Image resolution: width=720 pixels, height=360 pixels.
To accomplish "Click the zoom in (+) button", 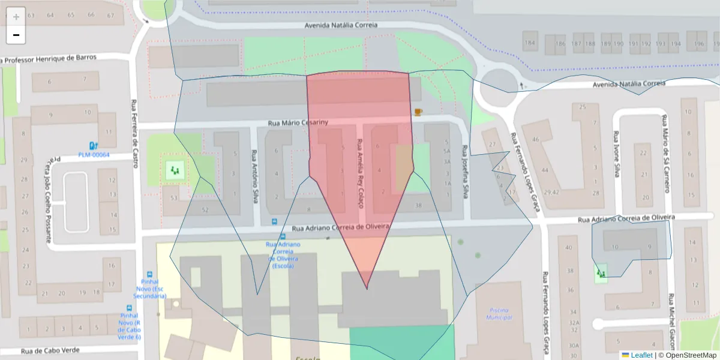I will (16, 16).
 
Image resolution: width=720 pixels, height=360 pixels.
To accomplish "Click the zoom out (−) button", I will (16, 35).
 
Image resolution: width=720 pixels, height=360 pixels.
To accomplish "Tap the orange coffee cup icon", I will (418, 112).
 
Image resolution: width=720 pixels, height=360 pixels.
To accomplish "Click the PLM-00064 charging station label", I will (94, 155).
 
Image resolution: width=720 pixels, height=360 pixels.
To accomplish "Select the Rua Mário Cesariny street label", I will (298, 123).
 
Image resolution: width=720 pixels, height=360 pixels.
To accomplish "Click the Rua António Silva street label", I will (254, 176).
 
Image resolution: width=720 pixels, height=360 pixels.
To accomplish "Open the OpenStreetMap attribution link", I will (688, 355).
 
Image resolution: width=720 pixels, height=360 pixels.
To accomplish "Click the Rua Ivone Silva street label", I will (616, 154).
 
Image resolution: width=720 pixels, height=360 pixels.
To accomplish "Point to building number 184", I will (530, 44).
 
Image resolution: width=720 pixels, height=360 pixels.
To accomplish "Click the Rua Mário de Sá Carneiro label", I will (665, 153).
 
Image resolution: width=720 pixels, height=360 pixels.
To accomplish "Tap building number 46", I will (536, 140).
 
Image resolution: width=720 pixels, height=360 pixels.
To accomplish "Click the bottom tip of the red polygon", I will (367, 289).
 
